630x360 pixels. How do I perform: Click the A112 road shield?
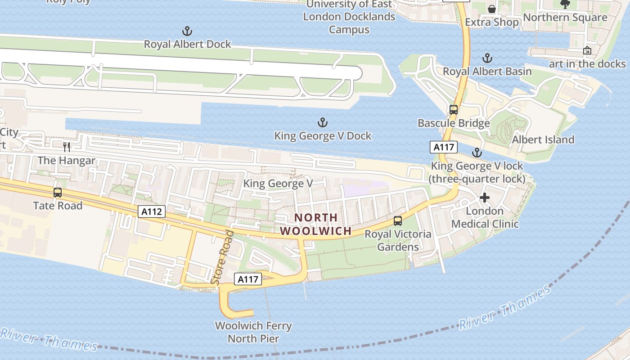click(152, 211)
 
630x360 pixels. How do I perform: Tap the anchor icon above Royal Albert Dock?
click(187, 31)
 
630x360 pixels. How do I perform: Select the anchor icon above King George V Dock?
click(322, 122)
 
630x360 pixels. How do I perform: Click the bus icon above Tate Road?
click(58, 193)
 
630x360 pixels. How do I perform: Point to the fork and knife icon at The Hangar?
click(67, 147)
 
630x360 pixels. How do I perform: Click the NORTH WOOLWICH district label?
click(315, 224)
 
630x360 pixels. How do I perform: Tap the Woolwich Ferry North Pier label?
click(253, 332)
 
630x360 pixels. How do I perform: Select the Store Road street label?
click(222, 257)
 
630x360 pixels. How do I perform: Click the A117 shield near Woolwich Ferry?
click(247, 279)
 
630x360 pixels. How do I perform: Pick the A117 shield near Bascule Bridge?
click(444, 147)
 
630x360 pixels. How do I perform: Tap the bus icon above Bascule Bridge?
click(454, 110)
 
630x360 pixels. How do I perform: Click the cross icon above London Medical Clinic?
click(485, 198)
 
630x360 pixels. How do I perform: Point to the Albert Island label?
click(543, 139)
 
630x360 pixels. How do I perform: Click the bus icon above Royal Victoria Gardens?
click(398, 221)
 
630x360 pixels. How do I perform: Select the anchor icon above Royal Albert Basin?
click(487, 58)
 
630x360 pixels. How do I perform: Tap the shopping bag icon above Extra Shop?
click(492, 9)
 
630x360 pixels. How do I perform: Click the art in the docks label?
click(587, 63)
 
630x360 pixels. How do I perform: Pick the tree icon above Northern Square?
click(565, 4)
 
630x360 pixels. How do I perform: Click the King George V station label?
click(278, 184)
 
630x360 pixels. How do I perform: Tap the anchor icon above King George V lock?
click(477, 153)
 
